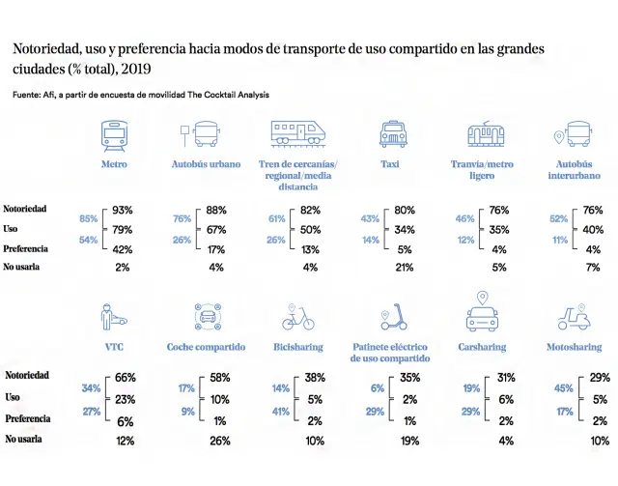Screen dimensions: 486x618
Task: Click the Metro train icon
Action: pyautogui.click(x=114, y=135)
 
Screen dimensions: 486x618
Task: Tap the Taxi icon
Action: pyautogui.click(x=392, y=135)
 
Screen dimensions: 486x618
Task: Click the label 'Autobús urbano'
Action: pyautogui.click(x=206, y=164)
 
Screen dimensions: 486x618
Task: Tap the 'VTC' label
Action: pyautogui.click(x=114, y=346)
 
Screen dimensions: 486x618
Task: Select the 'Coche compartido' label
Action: pyautogui.click(x=206, y=346)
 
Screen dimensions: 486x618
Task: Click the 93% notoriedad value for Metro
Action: pyautogui.click(x=123, y=210)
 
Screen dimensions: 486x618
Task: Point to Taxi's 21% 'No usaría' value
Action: pyautogui.click(x=405, y=267)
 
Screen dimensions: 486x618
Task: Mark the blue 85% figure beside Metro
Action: pyautogui.click(x=89, y=218)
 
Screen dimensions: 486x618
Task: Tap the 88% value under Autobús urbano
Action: pyautogui.click(x=216, y=210)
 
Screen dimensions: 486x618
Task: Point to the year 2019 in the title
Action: pyautogui.click(x=137, y=70)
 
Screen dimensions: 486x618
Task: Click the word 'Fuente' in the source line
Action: pyautogui.click(x=26, y=95)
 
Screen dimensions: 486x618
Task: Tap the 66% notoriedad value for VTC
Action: pyautogui.click(x=126, y=377)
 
